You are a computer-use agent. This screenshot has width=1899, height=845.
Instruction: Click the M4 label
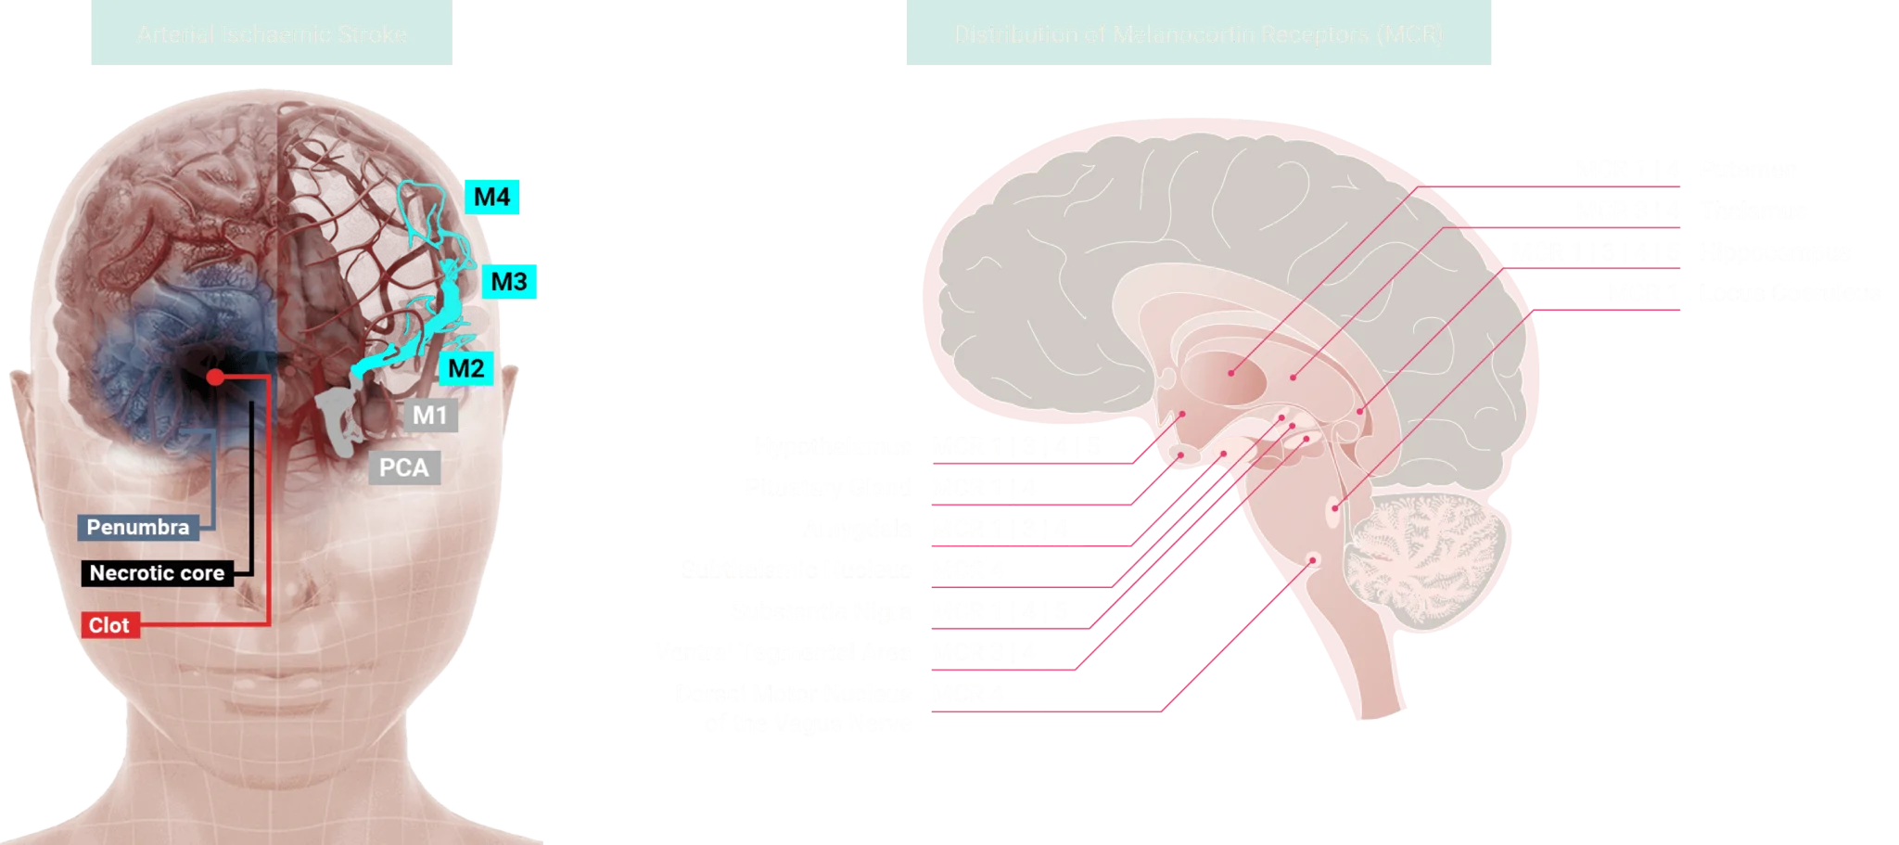tap(492, 197)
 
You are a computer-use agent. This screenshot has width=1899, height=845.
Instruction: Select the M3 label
tap(509, 281)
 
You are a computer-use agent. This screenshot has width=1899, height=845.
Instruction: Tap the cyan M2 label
tap(465, 368)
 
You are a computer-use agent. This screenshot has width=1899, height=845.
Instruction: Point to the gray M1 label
tap(429, 415)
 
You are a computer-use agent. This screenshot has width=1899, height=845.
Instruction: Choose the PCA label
tap(404, 467)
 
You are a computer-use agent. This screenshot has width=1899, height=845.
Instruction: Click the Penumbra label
tap(138, 527)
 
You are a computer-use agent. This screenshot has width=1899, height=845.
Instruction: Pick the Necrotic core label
tap(157, 573)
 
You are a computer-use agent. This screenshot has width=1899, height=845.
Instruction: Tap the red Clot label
tap(109, 625)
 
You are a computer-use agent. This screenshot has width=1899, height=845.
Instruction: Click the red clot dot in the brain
tap(215, 377)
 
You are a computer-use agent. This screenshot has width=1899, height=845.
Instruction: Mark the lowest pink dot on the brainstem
tap(1312, 560)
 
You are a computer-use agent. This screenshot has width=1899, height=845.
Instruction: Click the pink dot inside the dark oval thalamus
tap(1231, 373)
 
